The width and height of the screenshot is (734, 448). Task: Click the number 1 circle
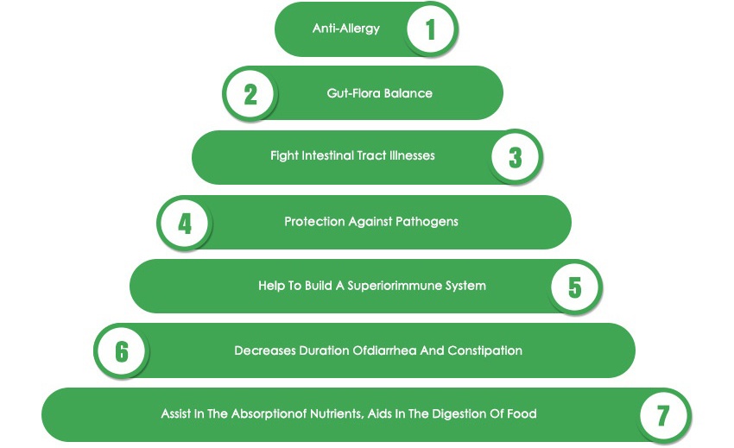[x=430, y=29]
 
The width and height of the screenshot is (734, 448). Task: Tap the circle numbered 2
[x=250, y=92]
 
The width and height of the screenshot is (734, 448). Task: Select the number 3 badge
[x=516, y=157]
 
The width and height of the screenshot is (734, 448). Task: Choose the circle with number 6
[x=122, y=351]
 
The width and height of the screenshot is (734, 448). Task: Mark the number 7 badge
[x=663, y=415]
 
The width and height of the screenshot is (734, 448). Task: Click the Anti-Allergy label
[x=346, y=28]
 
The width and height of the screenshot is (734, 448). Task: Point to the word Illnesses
[x=410, y=156]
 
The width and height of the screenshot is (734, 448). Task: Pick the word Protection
[x=314, y=221]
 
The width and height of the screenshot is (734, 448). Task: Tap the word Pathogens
[x=427, y=221]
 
